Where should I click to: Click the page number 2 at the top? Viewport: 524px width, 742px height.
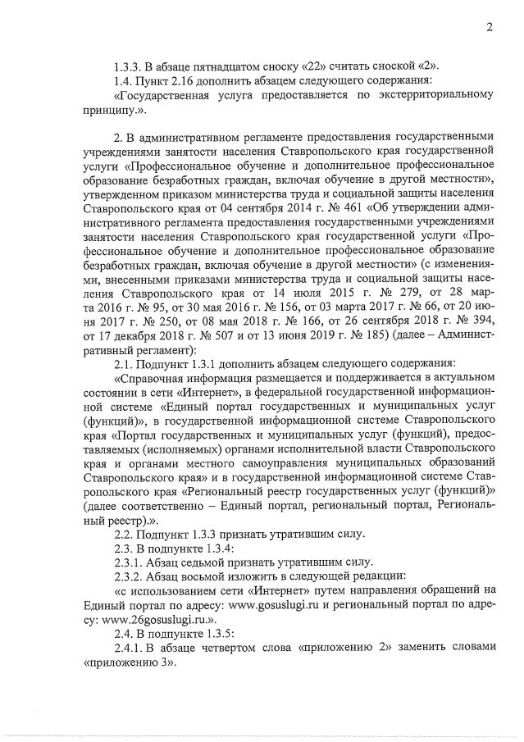click(488, 27)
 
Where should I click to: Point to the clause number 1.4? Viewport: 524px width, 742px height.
click(125, 80)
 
